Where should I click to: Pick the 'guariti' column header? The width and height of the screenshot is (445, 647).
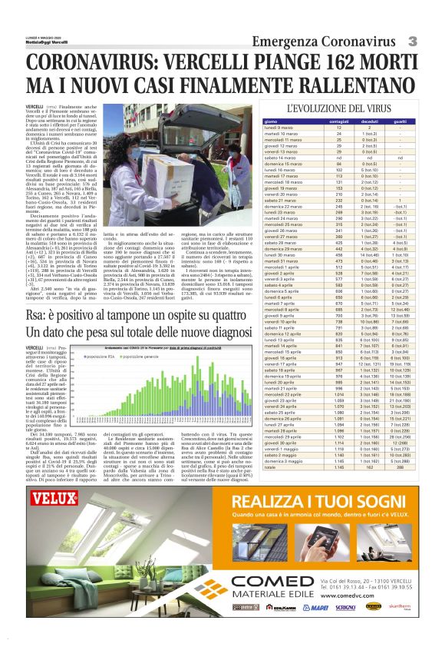400,121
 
